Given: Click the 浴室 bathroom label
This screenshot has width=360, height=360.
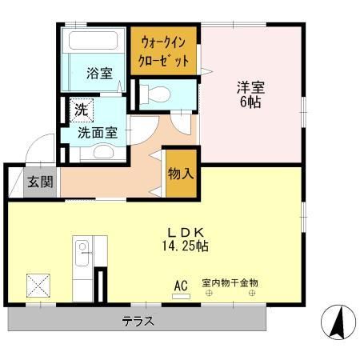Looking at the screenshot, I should pyautogui.click(x=98, y=74).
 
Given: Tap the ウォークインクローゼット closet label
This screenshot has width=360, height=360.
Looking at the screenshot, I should pyautogui.click(x=165, y=50).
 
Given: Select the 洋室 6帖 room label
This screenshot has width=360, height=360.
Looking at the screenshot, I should pyautogui.click(x=250, y=94).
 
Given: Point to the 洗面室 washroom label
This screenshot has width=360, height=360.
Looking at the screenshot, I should pyautogui.click(x=98, y=133).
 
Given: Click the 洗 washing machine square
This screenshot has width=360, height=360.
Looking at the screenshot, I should pyautogui.click(x=82, y=109).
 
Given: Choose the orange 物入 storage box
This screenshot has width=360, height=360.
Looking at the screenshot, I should pyautogui.click(x=180, y=174).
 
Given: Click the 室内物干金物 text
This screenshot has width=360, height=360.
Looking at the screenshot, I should pyautogui.click(x=230, y=284).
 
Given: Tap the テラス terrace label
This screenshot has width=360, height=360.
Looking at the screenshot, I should pyautogui.click(x=138, y=322).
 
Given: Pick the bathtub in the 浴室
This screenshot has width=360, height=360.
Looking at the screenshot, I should pyautogui.click(x=94, y=42).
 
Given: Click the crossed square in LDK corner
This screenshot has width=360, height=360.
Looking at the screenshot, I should pyautogui.click(x=38, y=286).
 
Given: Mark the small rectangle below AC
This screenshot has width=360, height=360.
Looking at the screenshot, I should pyautogui.click(x=182, y=297).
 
